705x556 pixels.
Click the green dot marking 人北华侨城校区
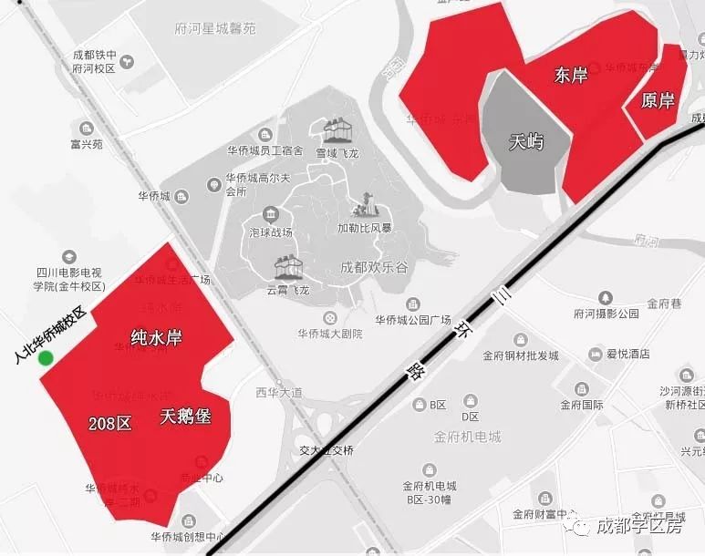click(x=46, y=358)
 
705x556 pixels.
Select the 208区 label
click(x=110, y=423)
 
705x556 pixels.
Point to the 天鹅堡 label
click(x=185, y=417)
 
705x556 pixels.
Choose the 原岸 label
click(x=658, y=100)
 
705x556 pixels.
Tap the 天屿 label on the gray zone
click(x=526, y=142)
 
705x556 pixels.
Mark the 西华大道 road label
click(x=278, y=393)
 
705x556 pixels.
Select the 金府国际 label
click(x=582, y=405)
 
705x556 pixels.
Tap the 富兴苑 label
click(x=87, y=144)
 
